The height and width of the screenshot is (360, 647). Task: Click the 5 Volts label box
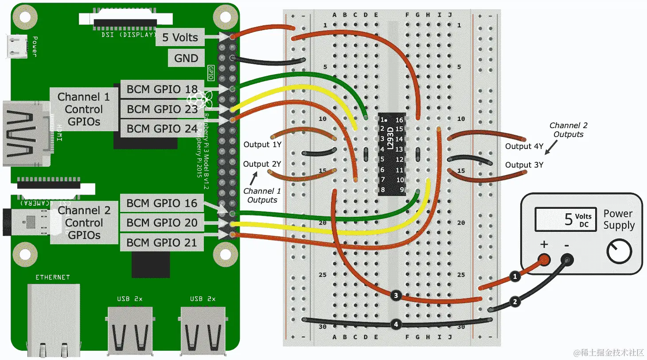[180, 37]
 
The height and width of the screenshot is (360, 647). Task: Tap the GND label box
[186, 58]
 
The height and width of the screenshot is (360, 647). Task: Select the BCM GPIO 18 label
[162, 90]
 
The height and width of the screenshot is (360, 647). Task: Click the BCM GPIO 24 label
[162, 129]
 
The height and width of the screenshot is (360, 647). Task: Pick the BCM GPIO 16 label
[162, 203]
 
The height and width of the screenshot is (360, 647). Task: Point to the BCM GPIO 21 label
[162, 243]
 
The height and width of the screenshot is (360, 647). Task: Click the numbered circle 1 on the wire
[515, 277]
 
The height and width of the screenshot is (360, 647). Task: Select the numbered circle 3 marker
[396, 295]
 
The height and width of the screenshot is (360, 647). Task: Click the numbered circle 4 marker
[396, 325]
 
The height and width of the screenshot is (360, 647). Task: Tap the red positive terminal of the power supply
[544, 259]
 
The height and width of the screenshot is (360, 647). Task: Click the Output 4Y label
[524, 146]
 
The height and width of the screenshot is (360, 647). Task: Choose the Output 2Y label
[262, 164]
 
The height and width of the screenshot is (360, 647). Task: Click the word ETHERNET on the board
[53, 277]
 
